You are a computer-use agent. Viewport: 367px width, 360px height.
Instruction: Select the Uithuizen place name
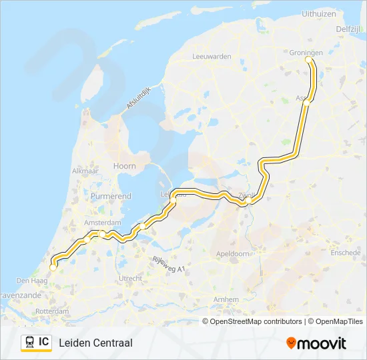pos(319,13)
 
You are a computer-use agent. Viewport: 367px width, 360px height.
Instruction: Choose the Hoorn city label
pos(125,166)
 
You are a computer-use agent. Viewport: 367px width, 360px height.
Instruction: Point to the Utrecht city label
pos(129,277)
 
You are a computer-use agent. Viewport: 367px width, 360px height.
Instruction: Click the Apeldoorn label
pos(233,254)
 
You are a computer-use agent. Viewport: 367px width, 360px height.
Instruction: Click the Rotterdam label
pos(52,311)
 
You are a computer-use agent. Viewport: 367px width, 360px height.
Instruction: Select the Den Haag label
pos(30,281)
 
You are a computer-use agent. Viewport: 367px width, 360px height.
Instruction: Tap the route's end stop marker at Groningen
pos(308,59)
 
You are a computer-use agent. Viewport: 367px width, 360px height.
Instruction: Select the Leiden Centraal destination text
pos(95,343)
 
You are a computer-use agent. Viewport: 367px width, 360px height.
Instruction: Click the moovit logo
pos(316,343)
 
